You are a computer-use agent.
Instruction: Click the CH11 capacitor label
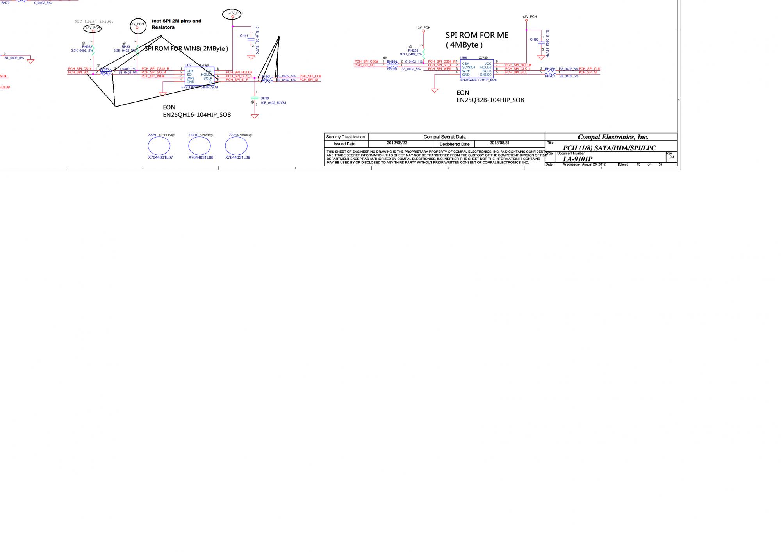(244, 36)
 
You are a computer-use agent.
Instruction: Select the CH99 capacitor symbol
(255, 98)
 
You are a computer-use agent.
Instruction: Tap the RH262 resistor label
(87, 47)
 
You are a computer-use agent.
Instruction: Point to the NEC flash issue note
(94, 21)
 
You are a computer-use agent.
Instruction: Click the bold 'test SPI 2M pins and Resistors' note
(176, 24)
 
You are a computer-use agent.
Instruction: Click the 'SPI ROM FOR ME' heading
(477, 35)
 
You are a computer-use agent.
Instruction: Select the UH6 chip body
(476, 69)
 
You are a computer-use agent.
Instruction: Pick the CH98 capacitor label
(534, 39)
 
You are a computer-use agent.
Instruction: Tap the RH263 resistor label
(413, 50)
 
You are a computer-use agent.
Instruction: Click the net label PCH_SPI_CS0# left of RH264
(366, 61)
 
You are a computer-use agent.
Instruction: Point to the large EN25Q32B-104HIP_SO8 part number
(490, 100)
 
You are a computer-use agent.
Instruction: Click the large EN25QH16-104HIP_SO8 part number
(196, 115)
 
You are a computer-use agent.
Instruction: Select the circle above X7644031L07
(159, 146)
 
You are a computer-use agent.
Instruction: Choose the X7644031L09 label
(237, 157)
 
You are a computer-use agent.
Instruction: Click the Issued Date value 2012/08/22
(397, 143)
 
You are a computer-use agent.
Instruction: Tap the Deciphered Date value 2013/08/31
(499, 143)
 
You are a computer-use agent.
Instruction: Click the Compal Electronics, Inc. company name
(613, 137)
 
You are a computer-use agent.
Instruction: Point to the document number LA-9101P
(577, 159)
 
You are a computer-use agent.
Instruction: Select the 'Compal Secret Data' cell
(444, 137)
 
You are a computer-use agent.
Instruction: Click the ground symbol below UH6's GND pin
(435, 91)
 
